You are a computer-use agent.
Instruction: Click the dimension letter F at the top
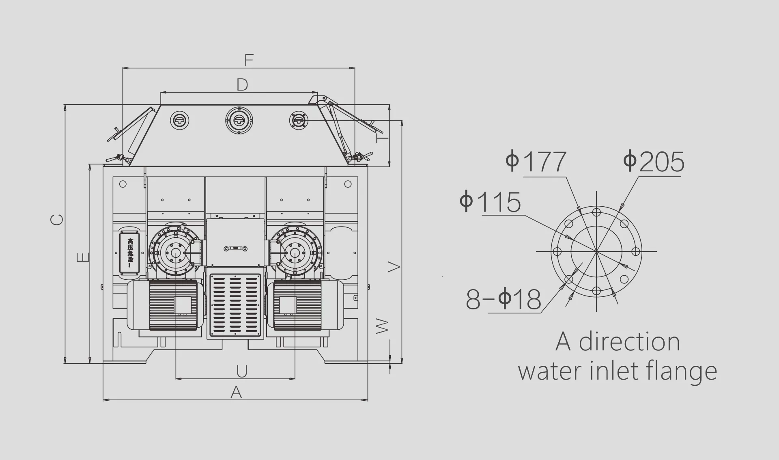249,60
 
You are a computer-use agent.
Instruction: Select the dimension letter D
242,84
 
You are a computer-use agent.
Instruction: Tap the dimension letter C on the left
57,219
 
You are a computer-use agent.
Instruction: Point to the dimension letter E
83,257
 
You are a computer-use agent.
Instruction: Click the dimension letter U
242,371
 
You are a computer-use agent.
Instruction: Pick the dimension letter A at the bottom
236,392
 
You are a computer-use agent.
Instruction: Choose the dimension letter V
394,267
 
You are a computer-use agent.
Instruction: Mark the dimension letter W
382,326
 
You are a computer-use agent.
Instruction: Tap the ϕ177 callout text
536,162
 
